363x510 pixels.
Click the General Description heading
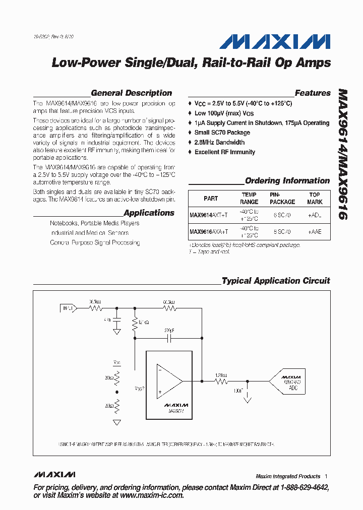tap(131, 93)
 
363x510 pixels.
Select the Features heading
tap(312, 93)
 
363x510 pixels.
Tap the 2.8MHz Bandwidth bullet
tap(219, 143)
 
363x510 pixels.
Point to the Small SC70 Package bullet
tap(222, 133)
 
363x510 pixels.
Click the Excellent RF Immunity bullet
tap(224, 152)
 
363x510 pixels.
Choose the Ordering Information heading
tap(287, 181)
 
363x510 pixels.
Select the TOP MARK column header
tap(315, 198)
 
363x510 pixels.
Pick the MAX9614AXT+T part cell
tap(209, 215)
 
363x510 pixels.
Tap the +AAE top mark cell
tap(315, 232)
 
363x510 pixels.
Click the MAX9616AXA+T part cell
tap(209, 232)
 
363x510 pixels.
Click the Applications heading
tap(149, 213)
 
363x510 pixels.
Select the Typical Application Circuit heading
tap(276, 281)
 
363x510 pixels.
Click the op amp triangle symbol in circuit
tap(168, 381)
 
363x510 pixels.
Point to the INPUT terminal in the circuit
tap(68, 307)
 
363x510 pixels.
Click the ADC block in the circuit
tap(290, 382)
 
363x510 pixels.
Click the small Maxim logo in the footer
tap(54, 475)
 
